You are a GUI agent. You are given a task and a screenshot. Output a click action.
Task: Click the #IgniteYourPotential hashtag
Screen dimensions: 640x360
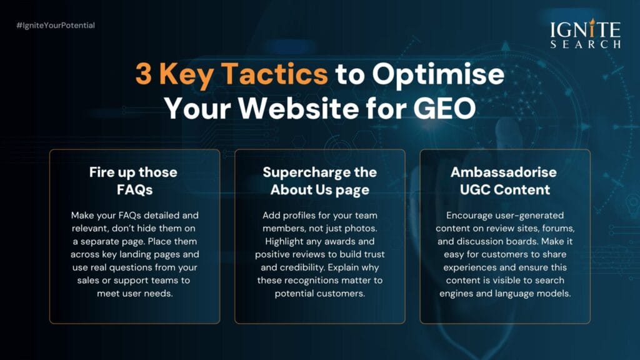tap(56, 25)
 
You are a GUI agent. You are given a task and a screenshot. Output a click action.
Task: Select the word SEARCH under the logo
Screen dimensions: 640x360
tap(585, 44)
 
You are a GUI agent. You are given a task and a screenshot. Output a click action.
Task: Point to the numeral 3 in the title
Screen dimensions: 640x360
tap(143, 74)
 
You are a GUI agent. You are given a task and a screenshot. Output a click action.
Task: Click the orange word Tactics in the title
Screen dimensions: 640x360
tap(274, 74)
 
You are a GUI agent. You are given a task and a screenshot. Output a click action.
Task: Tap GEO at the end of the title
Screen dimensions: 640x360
tap(444, 108)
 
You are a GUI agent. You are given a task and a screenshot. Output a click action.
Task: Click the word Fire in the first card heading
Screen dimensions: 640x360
tap(102, 172)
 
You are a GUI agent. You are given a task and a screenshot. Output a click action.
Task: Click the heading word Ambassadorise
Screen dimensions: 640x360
tap(504, 172)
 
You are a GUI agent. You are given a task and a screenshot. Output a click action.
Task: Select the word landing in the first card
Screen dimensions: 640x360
tap(135, 255)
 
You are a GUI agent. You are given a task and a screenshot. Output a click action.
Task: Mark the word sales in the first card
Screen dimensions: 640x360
tap(87, 281)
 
